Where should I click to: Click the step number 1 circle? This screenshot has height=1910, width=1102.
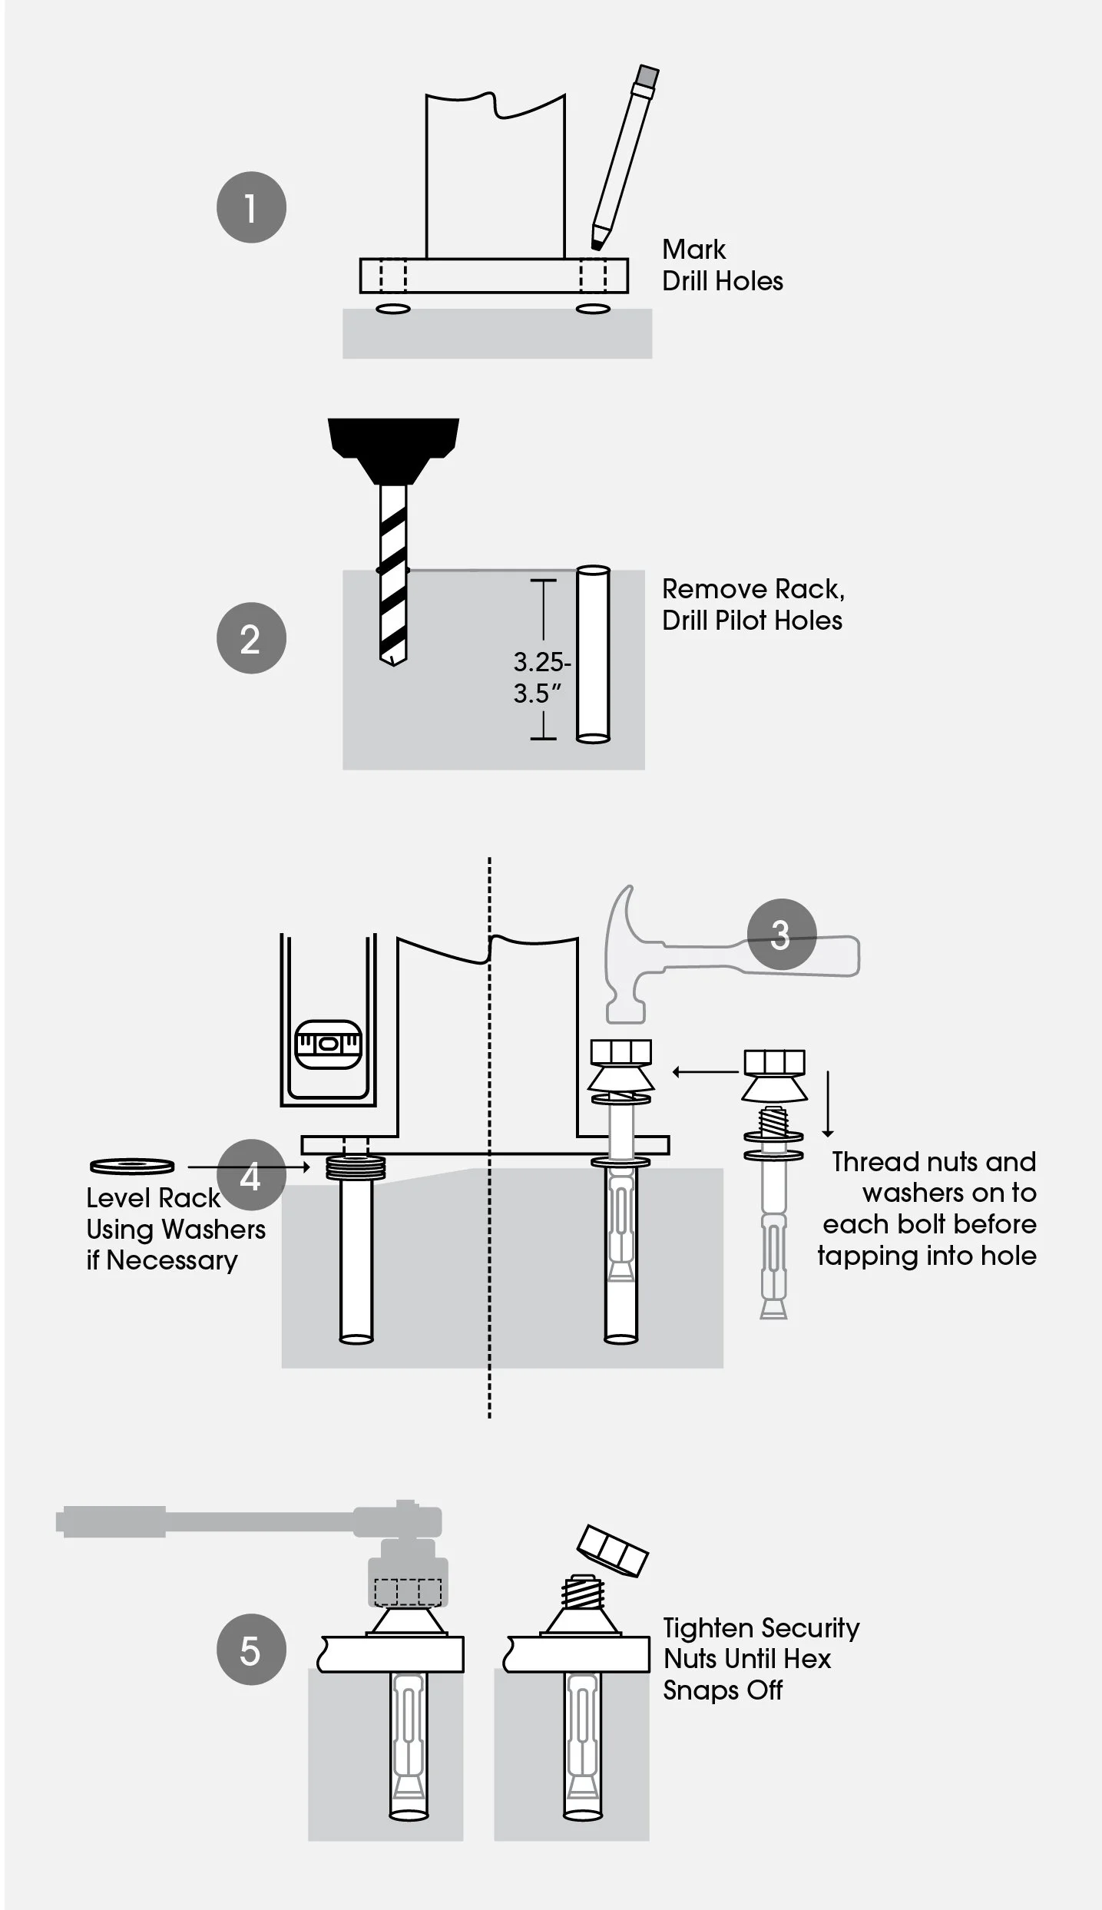pos(251,207)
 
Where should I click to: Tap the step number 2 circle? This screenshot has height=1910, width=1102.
pos(251,638)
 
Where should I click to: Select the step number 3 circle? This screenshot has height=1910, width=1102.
pos(781,934)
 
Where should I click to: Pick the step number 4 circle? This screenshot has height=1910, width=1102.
pos(251,1177)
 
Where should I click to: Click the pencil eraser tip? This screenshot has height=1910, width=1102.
pos(647,75)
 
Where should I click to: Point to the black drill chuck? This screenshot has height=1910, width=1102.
pos(393,451)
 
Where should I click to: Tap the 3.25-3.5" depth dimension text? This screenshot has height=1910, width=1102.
pos(541,677)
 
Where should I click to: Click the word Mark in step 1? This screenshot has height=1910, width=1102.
pos(693,249)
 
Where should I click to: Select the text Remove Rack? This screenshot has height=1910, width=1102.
pos(753,589)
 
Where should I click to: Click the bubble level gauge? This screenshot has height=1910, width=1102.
pos(328,1044)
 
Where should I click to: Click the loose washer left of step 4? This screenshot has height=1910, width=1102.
pos(132,1167)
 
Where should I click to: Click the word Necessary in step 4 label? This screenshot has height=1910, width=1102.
pos(172,1261)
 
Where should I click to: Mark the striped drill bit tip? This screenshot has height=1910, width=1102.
pos(393,660)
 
